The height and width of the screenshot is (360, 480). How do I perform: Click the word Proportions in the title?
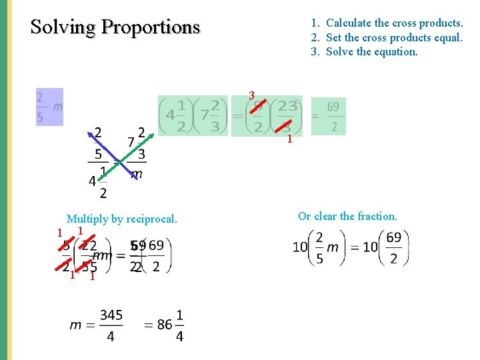[151, 27]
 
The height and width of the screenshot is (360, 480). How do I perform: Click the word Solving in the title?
[63, 27]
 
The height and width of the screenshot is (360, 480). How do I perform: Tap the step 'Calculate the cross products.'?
[394, 23]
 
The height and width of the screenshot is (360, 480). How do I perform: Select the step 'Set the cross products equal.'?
[394, 37]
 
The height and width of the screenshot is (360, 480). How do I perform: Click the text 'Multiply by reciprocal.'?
[122, 219]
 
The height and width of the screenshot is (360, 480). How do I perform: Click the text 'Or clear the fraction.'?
[347, 216]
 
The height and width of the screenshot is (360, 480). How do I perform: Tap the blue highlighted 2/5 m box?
[49, 107]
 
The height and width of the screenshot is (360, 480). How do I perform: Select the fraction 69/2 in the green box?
[333, 116]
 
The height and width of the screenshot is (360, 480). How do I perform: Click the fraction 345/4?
[111, 325]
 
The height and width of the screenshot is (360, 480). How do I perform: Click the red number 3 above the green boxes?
[252, 95]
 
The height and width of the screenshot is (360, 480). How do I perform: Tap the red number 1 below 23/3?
[289, 140]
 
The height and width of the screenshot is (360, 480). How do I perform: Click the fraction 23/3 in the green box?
[287, 116]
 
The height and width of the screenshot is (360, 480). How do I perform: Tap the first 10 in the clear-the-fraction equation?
[300, 247]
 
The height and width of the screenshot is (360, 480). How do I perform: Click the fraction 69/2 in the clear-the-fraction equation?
[393, 247]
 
